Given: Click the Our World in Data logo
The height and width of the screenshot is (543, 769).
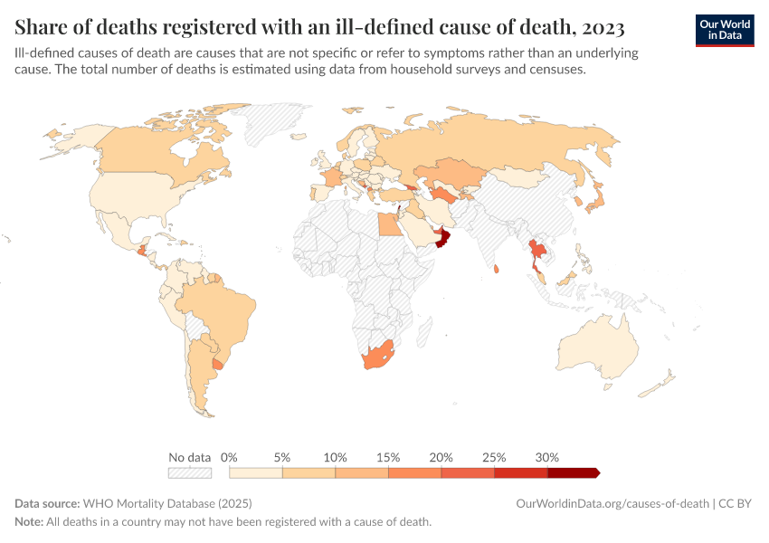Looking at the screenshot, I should (x=724, y=30).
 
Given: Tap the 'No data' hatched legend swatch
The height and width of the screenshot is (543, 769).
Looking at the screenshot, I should (x=189, y=472).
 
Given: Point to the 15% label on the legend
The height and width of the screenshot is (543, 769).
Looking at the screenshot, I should (x=388, y=457).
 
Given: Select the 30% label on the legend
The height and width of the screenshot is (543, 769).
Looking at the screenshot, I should (x=547, y=457).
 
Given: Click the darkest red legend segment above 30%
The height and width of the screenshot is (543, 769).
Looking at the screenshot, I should (x=573, y=472).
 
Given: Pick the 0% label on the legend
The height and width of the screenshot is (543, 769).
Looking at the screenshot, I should (x=229, y=457).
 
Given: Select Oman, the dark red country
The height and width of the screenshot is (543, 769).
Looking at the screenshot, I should (x=442, y=238).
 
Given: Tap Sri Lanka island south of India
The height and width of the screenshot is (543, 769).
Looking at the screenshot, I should (x=497, y=269).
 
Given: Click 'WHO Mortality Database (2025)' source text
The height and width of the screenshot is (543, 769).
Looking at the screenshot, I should (x=166, y=503).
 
